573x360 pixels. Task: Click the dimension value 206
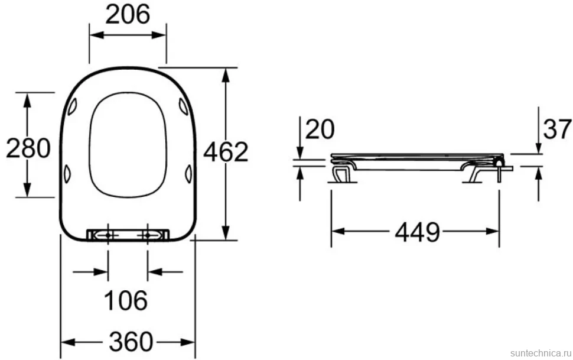pos(128,15)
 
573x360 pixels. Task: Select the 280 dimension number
pos(28,148)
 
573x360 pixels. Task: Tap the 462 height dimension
pos(226,152)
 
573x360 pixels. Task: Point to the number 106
pos(126,300)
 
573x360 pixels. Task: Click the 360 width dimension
pos(131,342)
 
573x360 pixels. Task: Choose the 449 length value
pos(418,232)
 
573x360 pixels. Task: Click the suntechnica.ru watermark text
pos(541,353)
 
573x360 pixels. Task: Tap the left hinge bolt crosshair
pos(108,235)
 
